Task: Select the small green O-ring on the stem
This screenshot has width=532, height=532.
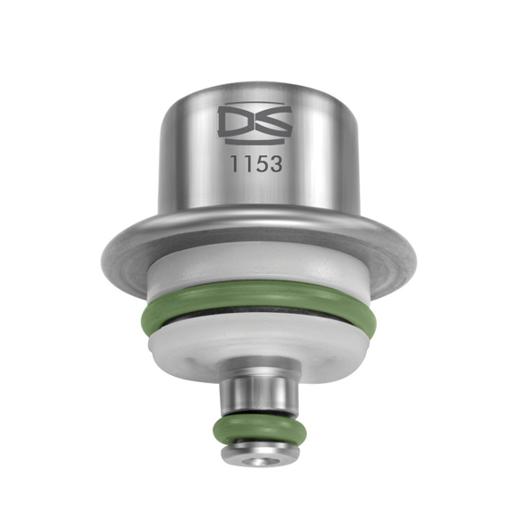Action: pyautogui.click(x=256, y=433)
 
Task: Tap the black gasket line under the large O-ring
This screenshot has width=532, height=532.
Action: pyautogui.click(x=256, y=325)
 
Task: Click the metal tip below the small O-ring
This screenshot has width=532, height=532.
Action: pyautogui.click(x=256, y=456)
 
